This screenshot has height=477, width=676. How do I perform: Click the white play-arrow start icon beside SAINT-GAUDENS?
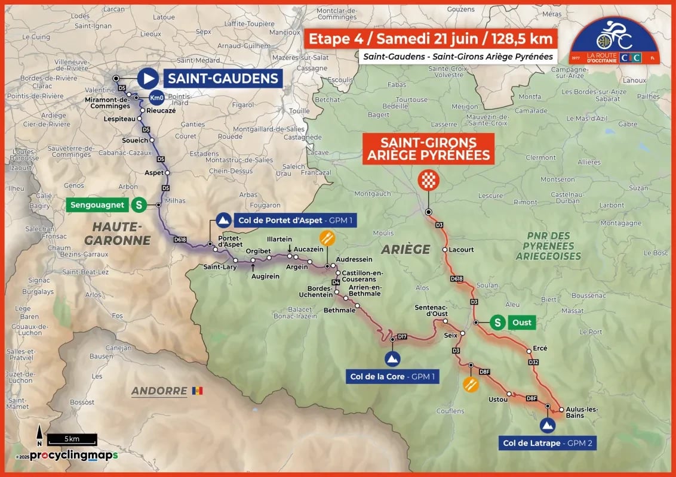click(x=148, y=78)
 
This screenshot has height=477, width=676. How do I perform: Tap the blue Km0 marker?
click(x=156, y=98)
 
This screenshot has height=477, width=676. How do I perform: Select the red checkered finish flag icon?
click(x=428, y=179)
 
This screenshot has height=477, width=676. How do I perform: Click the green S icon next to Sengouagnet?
click(x=139, y=205)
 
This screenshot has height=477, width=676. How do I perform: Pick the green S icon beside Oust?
click(x=497, y=323)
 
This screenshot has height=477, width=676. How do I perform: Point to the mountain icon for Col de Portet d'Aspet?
click(x=223, y=221)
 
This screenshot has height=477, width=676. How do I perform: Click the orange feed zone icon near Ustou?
click(x=471, y=383)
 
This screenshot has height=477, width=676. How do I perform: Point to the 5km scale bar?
click(x=72, y=439)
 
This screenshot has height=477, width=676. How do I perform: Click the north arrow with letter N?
click(x=39, y=434)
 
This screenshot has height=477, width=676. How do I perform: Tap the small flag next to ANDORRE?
click(x=198, y=391)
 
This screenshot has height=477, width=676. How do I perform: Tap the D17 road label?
click(x=402, y=337)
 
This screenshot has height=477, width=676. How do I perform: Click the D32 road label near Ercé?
click(x=533, y=362)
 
